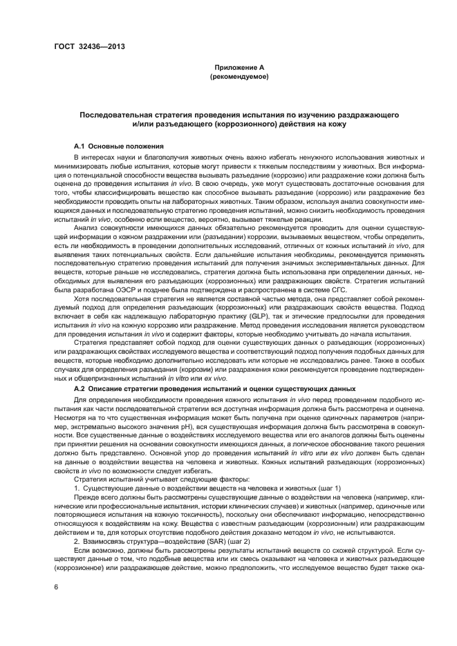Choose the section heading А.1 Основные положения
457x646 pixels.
118,147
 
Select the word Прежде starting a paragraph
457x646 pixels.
86,496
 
